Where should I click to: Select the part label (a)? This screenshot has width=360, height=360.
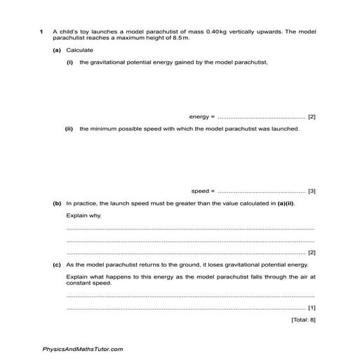tap(57, 50)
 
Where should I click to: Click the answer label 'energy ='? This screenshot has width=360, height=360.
tap(202, 116)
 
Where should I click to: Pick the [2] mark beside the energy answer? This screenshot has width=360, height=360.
tap(312, 116)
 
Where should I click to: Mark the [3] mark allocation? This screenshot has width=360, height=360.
tap(312, 191)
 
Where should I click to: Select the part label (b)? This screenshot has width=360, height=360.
tap(57, 203)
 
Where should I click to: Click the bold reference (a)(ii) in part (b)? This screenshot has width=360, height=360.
tap(284, 203)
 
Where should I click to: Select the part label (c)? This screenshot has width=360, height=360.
tap(57, 265)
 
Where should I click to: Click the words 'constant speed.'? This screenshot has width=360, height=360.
tap(88, 283)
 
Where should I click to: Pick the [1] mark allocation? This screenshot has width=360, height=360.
tap(312, 307)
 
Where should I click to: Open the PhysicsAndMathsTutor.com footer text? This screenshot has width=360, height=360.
tap(83, 349)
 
